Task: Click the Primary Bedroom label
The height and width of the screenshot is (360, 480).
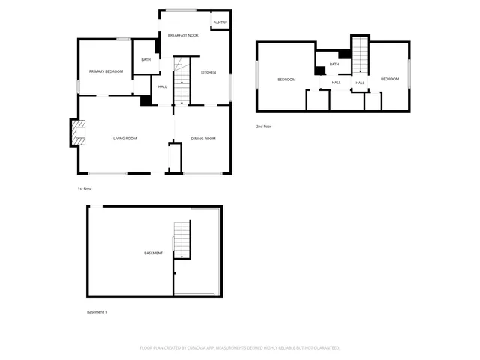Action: [106, 71]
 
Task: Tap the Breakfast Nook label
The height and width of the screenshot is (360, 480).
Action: [183, 35]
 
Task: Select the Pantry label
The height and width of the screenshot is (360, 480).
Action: [220, 22]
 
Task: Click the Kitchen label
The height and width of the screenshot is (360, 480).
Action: [208, 72]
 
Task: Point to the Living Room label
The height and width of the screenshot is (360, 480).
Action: [124, 139]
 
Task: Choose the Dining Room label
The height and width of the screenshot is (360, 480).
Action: [203, 139]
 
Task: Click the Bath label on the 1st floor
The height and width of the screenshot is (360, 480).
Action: [145, 59]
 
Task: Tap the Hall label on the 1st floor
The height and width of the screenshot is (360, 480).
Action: [162, 87]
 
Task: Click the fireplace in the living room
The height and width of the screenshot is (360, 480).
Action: [77, 133]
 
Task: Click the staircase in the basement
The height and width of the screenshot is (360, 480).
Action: [181, 240]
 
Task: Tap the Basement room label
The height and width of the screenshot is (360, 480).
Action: [153, 253]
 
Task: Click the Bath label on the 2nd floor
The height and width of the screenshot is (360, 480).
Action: [334, 64]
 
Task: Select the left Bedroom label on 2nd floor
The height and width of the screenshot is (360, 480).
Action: [286, 79]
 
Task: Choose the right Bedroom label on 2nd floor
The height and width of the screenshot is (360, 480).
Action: [388, 79]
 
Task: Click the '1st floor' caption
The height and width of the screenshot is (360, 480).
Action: [84, 189]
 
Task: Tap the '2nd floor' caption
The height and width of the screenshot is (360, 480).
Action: [264, 126]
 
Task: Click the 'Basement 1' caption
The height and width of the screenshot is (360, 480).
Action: [97, 311]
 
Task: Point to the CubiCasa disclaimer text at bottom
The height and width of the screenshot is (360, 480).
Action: [240, 348]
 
